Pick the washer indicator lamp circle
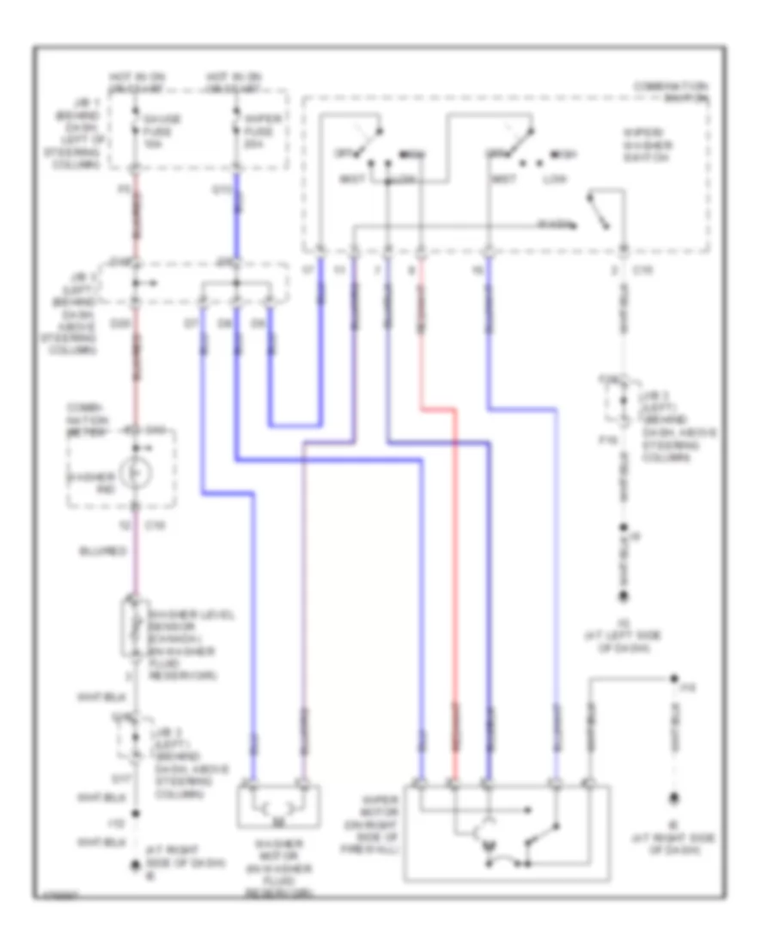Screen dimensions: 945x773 coord(135,472)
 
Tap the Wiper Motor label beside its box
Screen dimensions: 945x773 coord(374,825)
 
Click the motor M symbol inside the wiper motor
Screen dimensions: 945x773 coord(490,849)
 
